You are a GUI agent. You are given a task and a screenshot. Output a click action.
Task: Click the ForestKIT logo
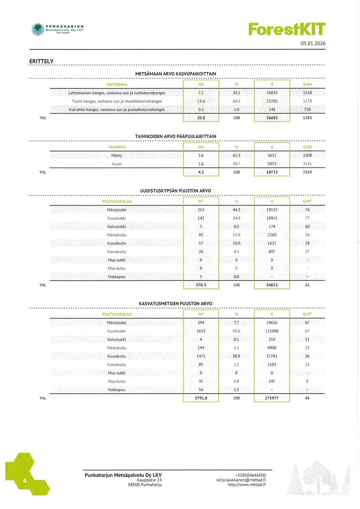pyautogui.click(x=287, y=29)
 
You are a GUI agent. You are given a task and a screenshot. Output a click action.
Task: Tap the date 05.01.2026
pyautogui.click(x=313, y=44)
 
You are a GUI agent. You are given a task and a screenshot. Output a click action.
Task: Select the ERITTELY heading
pyautogui.click(x=41, y=62)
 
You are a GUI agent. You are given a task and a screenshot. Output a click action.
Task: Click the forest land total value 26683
pyautogui.click(x=272, y=118)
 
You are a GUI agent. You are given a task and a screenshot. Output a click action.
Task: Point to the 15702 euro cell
pyautogui.click(x=272, y=101)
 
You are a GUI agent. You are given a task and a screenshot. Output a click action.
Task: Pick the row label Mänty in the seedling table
pyautogui.click(x=117, y=156)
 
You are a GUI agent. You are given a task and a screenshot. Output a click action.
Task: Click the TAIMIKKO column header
pyautogui.click(x=117, y=147)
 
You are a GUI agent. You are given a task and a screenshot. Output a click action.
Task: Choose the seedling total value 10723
pyautogui.click(x=272, y=172)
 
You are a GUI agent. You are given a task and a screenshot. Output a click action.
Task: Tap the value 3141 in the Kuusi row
pyautogui.click(x=307, y=164)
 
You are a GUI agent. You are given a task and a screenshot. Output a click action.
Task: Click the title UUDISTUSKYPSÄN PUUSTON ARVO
pyautogui.click(x=175, y=190)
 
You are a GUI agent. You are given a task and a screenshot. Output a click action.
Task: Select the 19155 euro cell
pyautogui.click(x=272, y=210)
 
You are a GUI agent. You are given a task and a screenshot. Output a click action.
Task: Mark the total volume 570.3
pyautogui.click(x=201, y=285)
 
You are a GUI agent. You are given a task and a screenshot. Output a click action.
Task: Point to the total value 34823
pyautogui.click(x=272, y=285)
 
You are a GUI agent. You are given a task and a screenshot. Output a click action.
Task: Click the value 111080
pyautogui.click(x=272, y=331)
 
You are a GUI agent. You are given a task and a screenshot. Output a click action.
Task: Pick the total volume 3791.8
pyautogui.click(x=201, y=398)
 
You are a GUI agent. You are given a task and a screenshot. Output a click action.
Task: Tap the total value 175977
pyautogui.click(x=272, y=398)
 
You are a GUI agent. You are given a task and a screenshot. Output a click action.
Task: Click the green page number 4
pyautogui.click(x=25, y=481)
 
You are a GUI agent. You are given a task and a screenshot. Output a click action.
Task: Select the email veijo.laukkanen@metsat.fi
pyautogui.click(x=241, y=480)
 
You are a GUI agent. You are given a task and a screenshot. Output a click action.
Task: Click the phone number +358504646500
pyautogui.click(x=250, y=475)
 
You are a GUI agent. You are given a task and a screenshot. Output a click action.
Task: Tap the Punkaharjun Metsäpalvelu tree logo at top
pyautogui.click(x=38, y=29)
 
